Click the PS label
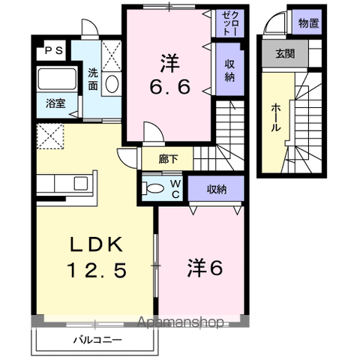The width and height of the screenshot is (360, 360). [x=52, y=51]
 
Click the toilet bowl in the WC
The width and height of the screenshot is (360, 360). [x=155, y=188]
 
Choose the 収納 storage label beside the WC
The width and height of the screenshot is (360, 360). [x=216, y=188]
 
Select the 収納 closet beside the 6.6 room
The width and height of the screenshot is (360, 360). [x=230, y=70]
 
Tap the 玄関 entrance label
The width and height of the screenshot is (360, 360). [x=285, y=53]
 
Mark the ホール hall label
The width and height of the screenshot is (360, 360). [x=275, y=117]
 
